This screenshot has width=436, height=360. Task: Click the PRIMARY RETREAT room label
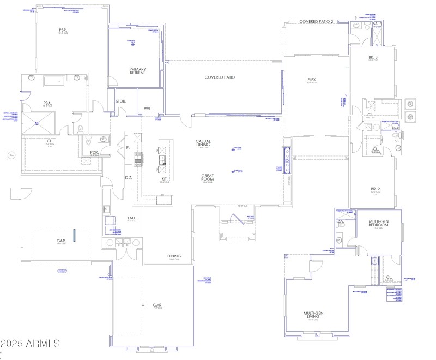tap(137, 71)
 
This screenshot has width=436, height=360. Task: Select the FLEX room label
tap(312, 80)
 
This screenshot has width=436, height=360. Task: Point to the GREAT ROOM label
tap(207, 177)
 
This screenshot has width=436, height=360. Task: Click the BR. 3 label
tap(373, 57)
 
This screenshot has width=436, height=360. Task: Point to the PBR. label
tap(63, 30)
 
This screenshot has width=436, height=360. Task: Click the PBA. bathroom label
tap(47, 103)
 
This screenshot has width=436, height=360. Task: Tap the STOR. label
tap(121, 101)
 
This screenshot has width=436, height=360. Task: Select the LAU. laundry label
tap(132, 219)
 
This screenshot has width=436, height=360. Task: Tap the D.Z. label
tap(129, 178)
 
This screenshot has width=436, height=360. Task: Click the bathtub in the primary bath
tap(53, 82)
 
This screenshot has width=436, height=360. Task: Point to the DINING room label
tap(174, 256)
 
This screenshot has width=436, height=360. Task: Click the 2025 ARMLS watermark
tap(30, 343)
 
